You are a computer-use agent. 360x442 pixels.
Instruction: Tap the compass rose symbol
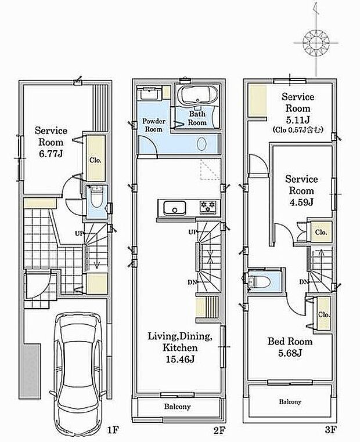pos(316,43)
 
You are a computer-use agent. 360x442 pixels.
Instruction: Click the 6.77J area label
pos(51,154)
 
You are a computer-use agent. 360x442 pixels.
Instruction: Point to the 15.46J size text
pos(180,360)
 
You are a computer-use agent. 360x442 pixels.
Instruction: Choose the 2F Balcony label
pos(178,407)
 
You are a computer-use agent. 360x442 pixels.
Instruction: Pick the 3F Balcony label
pos(290,402)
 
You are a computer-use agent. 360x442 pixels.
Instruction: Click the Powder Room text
pos(154,125)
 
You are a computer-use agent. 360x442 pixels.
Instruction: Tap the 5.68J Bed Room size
pos(290,353)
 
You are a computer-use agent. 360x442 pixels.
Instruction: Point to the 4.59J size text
pos(301,202)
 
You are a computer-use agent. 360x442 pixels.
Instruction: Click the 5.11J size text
pos(298,120)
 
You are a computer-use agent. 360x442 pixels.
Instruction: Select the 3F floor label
pos(330,430)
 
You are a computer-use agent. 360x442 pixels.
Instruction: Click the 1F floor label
pos(113,430)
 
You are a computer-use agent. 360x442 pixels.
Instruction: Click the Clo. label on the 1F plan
pos(95,160)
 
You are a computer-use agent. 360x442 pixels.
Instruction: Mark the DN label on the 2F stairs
pos(192,281)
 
